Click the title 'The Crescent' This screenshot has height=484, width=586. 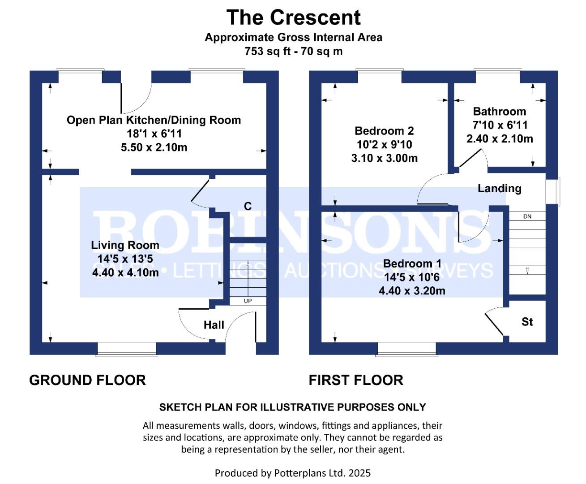coord(293,18)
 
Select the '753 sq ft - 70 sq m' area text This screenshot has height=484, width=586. coord(293,52)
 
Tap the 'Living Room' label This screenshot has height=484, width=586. coord(125,245)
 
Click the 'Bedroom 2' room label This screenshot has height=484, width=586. coord(384,131)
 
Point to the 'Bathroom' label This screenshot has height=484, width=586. coord(499,112)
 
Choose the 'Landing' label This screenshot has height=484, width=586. coord(499,188)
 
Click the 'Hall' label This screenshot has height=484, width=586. coord(214,325)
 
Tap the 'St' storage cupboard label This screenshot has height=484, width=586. coord(527,322)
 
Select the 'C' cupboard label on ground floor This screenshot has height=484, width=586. coord(248,206)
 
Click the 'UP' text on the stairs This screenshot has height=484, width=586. coord(248,301)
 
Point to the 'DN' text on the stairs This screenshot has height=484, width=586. coord(527,216)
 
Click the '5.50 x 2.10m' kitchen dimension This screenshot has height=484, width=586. coord(154,147)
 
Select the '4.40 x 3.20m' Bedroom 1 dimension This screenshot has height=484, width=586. coord(412,291)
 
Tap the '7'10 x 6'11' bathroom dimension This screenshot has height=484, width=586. coord(500,125)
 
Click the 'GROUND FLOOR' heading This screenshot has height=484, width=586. coord(87,380)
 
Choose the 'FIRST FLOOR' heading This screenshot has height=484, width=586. coord(356,380)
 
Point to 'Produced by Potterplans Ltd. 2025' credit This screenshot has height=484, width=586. coord(293,473)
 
